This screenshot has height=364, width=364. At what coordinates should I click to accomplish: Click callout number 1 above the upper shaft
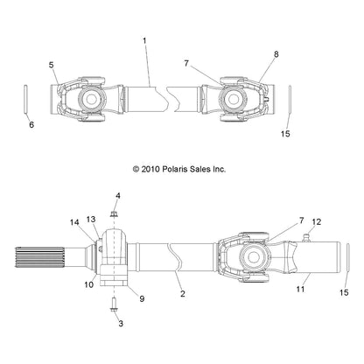point(144,41)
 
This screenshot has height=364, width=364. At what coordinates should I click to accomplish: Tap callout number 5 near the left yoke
point(52,65)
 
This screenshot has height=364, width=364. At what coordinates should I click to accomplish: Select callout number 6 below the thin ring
point(31,124)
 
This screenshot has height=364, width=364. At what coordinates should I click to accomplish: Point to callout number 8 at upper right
point(276,54)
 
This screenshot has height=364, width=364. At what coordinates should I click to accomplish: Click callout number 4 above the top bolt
point(118,196)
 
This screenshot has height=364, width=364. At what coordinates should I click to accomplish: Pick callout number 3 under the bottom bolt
point(121,323)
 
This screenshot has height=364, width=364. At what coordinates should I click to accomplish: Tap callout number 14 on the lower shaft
point(74,222)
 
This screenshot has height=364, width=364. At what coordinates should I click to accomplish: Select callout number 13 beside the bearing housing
point(91,219)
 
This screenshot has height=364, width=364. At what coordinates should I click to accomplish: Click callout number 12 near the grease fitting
point(317,221)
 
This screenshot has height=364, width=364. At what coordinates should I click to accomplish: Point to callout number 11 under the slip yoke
point(300,289)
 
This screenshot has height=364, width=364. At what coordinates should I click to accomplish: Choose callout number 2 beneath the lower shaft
point(183,293)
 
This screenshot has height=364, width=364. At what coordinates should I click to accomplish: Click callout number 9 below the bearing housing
point(142,298)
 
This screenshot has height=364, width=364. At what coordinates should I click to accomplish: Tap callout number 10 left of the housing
point(89,284)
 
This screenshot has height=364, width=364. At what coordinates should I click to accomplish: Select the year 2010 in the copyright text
point(150,169)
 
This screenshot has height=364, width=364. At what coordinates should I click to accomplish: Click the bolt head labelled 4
point(115,214)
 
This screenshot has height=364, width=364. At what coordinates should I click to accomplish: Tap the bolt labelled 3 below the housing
point(114,304)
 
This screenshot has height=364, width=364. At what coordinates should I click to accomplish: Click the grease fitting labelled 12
point(306,237)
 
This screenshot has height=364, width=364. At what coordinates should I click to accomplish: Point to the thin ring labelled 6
point(25,98)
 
